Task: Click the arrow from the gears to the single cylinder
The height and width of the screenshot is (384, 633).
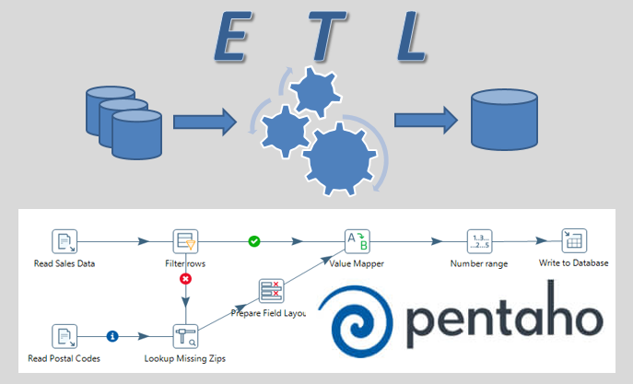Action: click(425, 119)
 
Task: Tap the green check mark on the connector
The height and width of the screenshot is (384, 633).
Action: click(253, 241)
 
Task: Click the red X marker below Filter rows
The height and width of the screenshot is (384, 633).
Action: click(185, 278)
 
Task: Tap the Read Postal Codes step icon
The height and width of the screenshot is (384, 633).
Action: click(64, 336)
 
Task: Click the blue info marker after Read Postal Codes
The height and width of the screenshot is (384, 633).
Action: click(112, 336)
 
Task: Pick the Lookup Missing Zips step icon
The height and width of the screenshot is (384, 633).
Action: click(186, 336)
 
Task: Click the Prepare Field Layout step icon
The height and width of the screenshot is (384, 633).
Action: click(271, 291)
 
